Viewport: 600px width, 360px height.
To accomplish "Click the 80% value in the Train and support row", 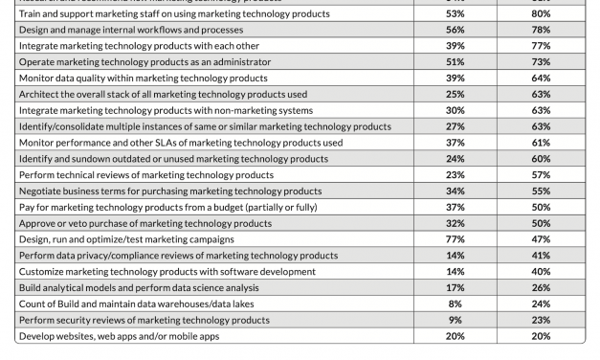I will [542, 14].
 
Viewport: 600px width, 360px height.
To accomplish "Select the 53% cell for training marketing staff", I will [455, 14].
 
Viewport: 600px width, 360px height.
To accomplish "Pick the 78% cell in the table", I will [542, 30].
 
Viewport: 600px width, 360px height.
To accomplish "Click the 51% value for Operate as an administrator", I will [455, 62].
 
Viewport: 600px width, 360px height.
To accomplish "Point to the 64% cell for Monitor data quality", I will [542, 79].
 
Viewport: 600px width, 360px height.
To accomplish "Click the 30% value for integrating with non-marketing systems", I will [455, 111].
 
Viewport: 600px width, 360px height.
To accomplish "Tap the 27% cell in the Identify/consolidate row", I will [455, 127].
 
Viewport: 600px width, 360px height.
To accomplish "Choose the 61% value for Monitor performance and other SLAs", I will [542, 143].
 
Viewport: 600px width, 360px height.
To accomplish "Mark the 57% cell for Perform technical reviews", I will [542, 175].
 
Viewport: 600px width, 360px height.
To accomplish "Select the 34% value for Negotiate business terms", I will [455, 191].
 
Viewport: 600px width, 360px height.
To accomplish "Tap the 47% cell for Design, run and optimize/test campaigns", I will [542, 239].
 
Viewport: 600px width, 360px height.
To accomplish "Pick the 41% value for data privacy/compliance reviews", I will [542, 256].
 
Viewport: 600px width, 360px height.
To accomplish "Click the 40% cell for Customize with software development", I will [542, 272].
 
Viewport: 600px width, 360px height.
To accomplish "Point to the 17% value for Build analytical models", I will [455, 288].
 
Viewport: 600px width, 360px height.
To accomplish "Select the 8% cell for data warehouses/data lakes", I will [455, 304].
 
